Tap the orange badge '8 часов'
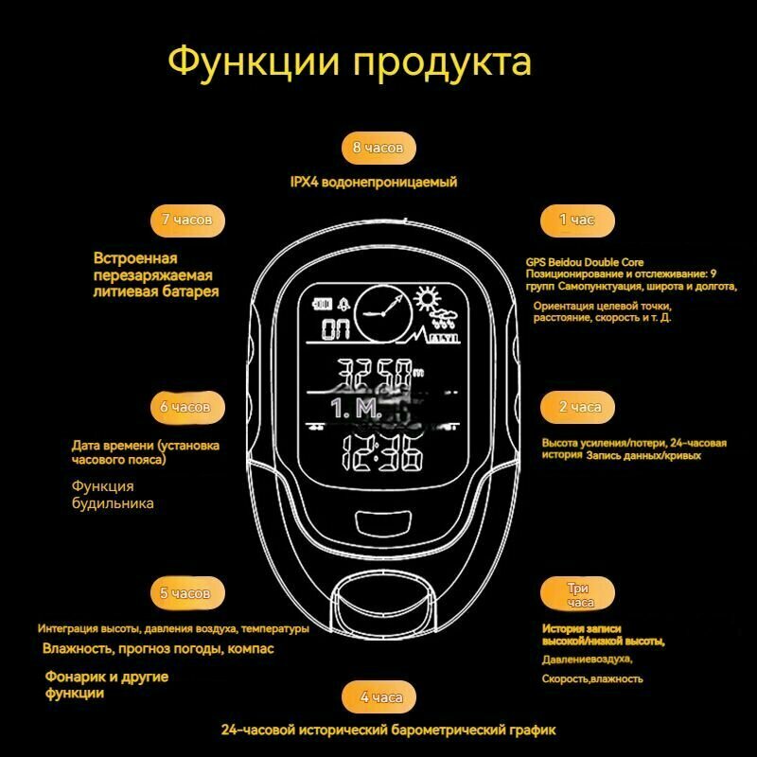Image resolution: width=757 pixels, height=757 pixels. click(378, 149)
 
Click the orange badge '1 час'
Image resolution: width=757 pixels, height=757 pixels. click(576, 220)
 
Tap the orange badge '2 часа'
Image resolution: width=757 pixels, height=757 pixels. click(576, 407)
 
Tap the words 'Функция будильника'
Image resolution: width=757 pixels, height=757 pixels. click(112, 495)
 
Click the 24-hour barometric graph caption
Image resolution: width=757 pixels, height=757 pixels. click(388, 731)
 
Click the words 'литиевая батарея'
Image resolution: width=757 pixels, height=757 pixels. click(156, 292)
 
